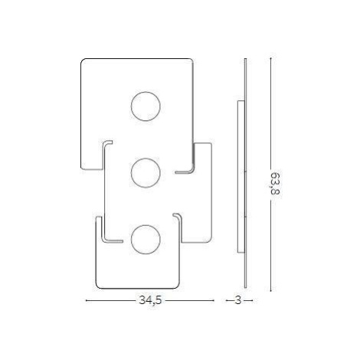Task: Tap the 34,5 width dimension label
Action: pos(150,300)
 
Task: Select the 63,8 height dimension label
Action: pos(275,184)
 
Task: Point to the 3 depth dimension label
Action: pos(238,300)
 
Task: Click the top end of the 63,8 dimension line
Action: pos(270,58)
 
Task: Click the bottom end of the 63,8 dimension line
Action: pos(270,291)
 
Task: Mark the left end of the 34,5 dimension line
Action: pos(86,300)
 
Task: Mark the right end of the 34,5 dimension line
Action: pos(214,300)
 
